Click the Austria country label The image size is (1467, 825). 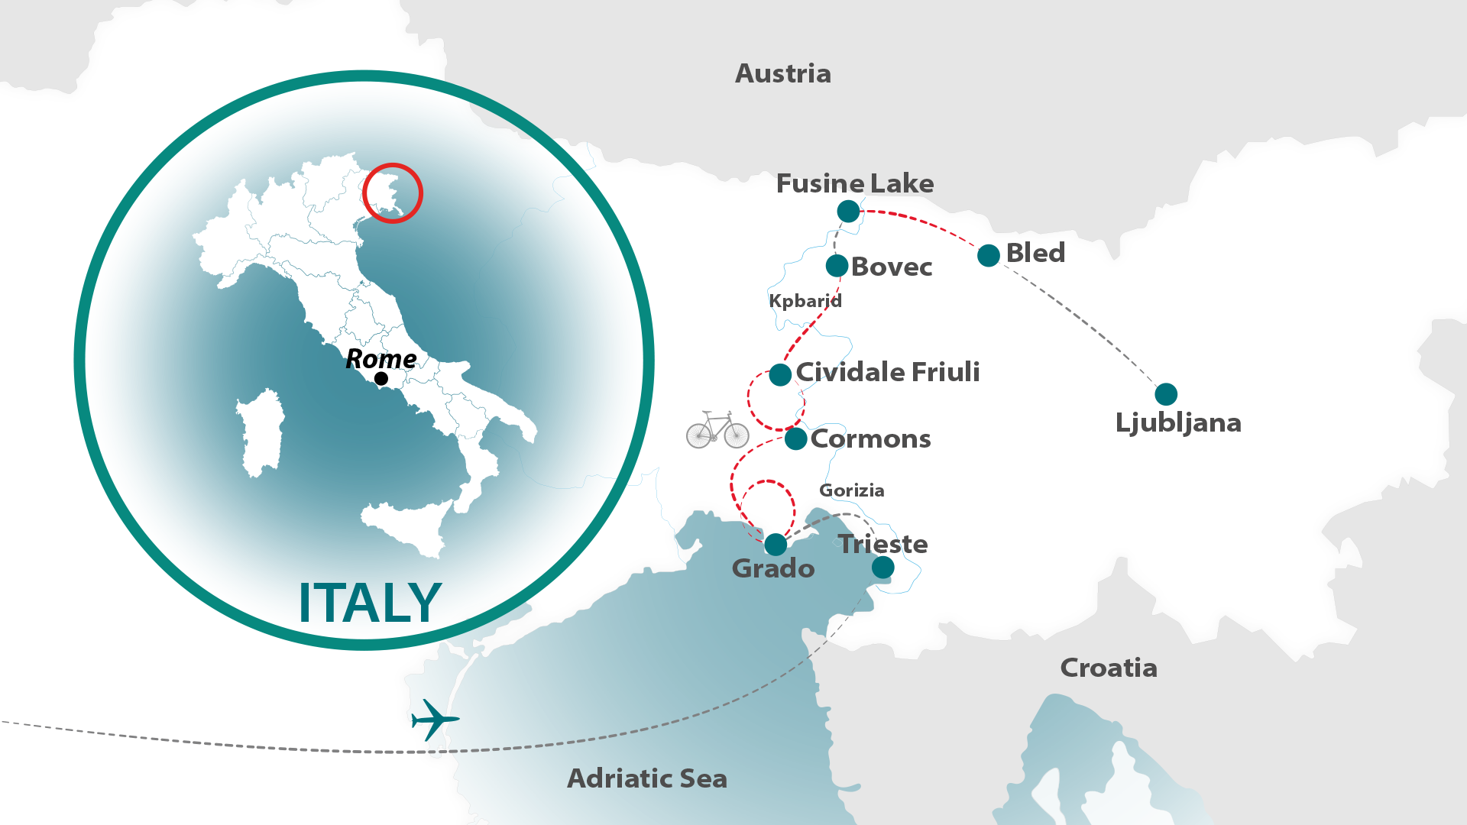click(x=782, y=74)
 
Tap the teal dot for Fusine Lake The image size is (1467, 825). click(x=848, y=212)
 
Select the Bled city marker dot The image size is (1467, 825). click(x=988, y=256)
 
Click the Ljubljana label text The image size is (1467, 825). click(x=1177, y=423)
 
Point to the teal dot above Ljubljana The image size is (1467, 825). click(x=1165, y=394)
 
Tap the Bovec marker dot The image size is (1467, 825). click(x=837, y=266)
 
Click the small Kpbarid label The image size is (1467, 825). click(x=805, y=301)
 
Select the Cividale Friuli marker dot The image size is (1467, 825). click(x=780, y=375)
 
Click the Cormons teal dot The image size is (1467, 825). click(x=795, y=439)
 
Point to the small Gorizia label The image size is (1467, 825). click(x=851, y=490)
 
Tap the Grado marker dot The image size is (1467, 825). click(x=776, y=545)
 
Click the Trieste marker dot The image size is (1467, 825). click(x=882, y=568)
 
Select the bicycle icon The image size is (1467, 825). click(x=717, y=430)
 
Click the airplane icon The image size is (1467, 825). click(x=434, y=719)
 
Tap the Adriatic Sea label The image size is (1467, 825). click(x=646, y=779)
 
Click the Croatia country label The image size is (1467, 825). click(x=1108, y=668)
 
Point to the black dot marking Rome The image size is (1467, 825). click(x=381, y=379)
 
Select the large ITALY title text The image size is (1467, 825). click(x=370, y=603)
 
